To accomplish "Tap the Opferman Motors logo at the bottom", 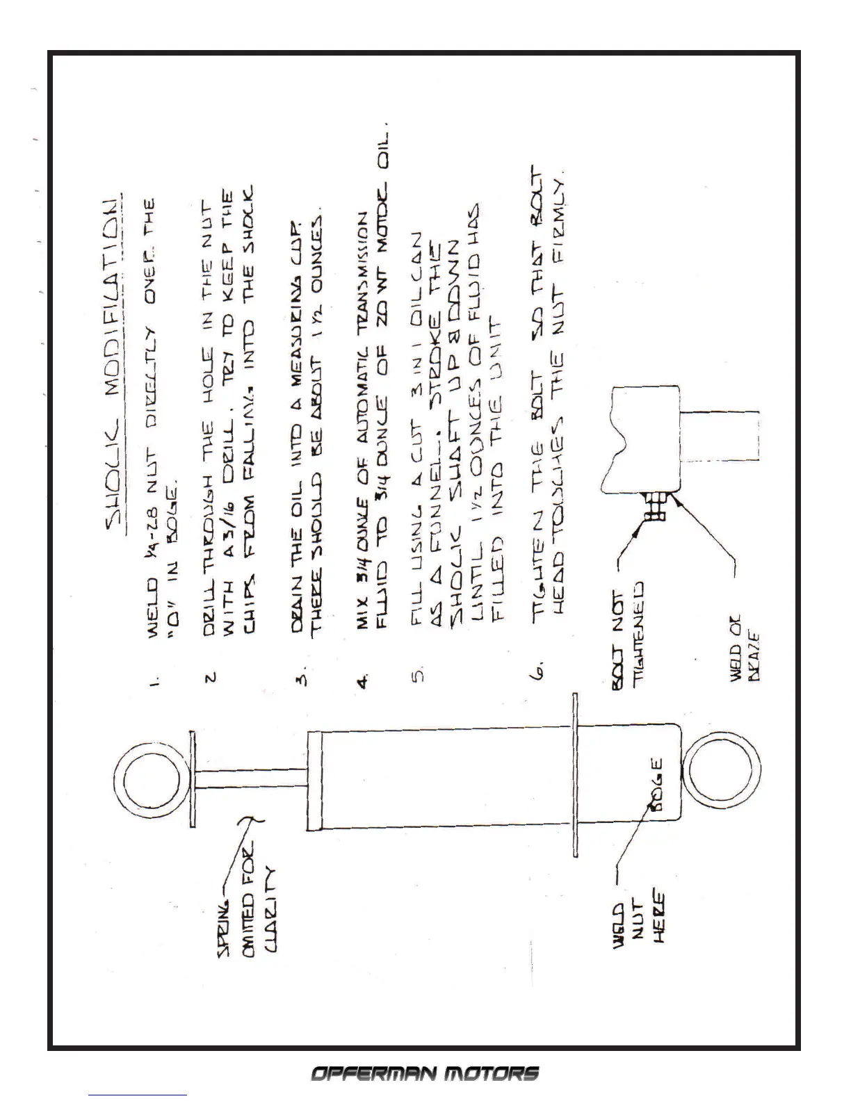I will tap(425, 1073).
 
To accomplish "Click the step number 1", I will tap(154, 679).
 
